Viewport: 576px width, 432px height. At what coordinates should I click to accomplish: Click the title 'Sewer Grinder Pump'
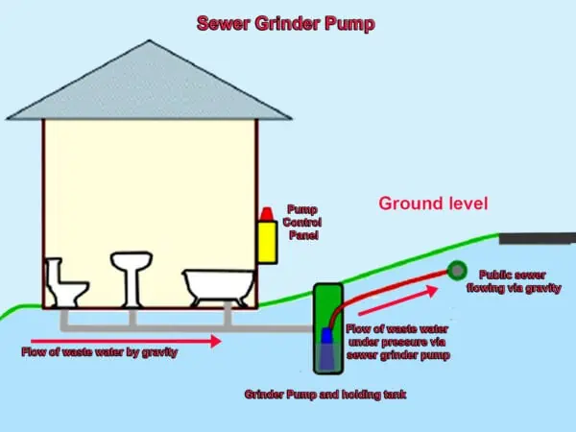coord(285,23)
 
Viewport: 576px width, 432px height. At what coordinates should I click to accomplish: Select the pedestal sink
coord(132,274)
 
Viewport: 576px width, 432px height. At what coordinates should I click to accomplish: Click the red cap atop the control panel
coord(266,211)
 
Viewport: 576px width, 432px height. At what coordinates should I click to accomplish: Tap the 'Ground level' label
coord(433,204)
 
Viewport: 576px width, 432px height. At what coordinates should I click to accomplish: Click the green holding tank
coord(326,326)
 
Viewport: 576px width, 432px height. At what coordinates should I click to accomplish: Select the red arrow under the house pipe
coord(125,339)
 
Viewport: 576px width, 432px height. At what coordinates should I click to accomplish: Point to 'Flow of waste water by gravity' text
coord(100,352)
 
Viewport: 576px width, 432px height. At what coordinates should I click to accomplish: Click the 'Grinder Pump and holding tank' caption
coord(324,394)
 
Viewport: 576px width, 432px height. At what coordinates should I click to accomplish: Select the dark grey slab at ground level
coord(537,237)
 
